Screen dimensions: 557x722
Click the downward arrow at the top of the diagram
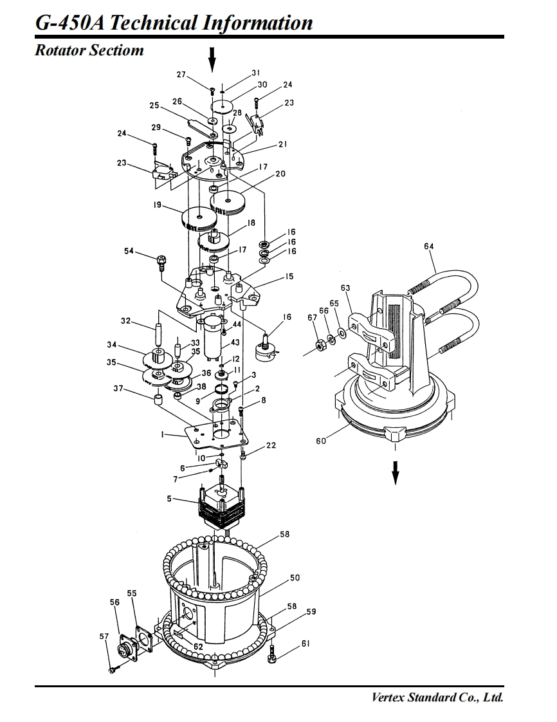[x=212, y=59]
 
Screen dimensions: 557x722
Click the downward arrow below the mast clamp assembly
[x=395, y=472]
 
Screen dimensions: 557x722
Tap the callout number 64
[x=428, y=246]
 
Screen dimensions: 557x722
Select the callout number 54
[x=129, y=251]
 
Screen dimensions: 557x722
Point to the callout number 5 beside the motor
[x=169, y=499]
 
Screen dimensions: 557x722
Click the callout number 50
[x=295, y=577]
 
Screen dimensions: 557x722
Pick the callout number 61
[x=306, y=643]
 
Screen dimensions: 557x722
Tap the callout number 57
[x=104, y=636]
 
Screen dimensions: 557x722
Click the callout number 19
[x=158, y=205]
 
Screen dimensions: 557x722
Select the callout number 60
[x=321, y=441]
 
